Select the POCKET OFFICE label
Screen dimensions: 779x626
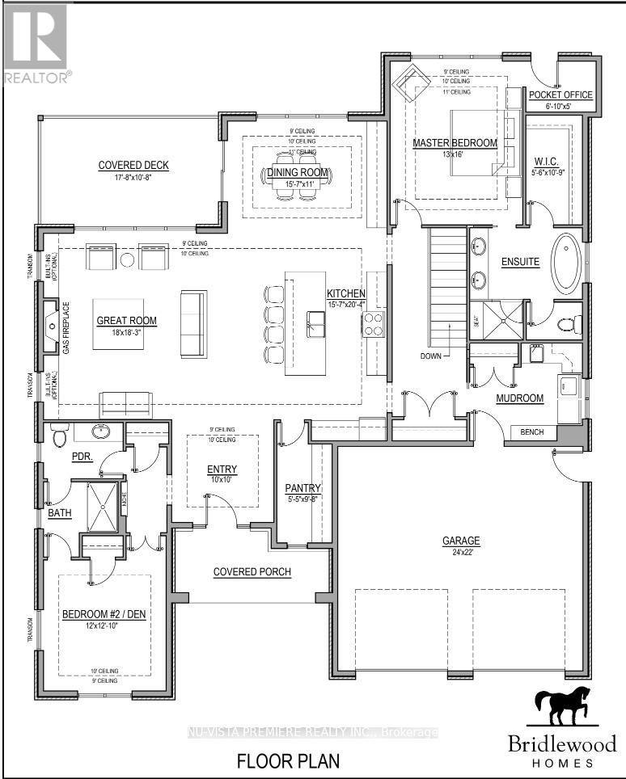[560, 95]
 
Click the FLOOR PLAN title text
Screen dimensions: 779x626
[288, 760]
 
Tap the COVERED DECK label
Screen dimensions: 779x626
[133, 166]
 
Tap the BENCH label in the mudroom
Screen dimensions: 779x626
[532, 432]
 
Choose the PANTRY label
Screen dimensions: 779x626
[303, 488]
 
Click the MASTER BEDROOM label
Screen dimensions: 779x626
[455, 143]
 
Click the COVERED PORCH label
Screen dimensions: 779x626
[252, 572]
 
